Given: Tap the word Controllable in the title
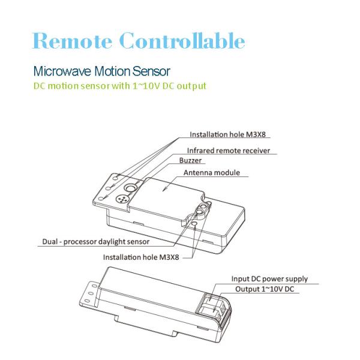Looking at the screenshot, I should (182, 41).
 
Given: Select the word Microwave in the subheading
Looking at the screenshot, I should (61, 71).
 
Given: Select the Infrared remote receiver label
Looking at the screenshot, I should (228, 151).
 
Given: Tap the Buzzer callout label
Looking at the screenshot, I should (190, 161).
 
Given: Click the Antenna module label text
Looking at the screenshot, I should (212, 173).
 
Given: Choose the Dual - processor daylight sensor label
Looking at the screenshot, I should (96, 242).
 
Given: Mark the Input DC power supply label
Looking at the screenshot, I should (269, 279).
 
